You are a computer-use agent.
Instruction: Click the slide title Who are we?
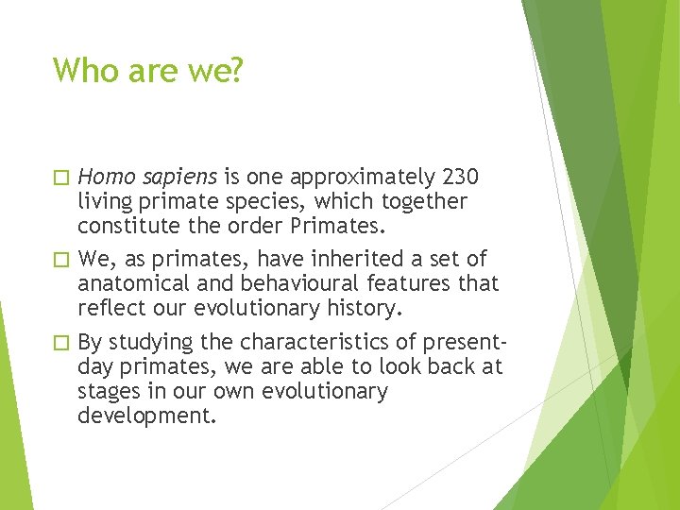click(x=147, y=70)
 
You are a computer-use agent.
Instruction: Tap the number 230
click(x=459, y=177)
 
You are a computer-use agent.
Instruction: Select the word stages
click(x=107, y=392)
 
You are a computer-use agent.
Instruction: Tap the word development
click(x=146, y=416)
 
